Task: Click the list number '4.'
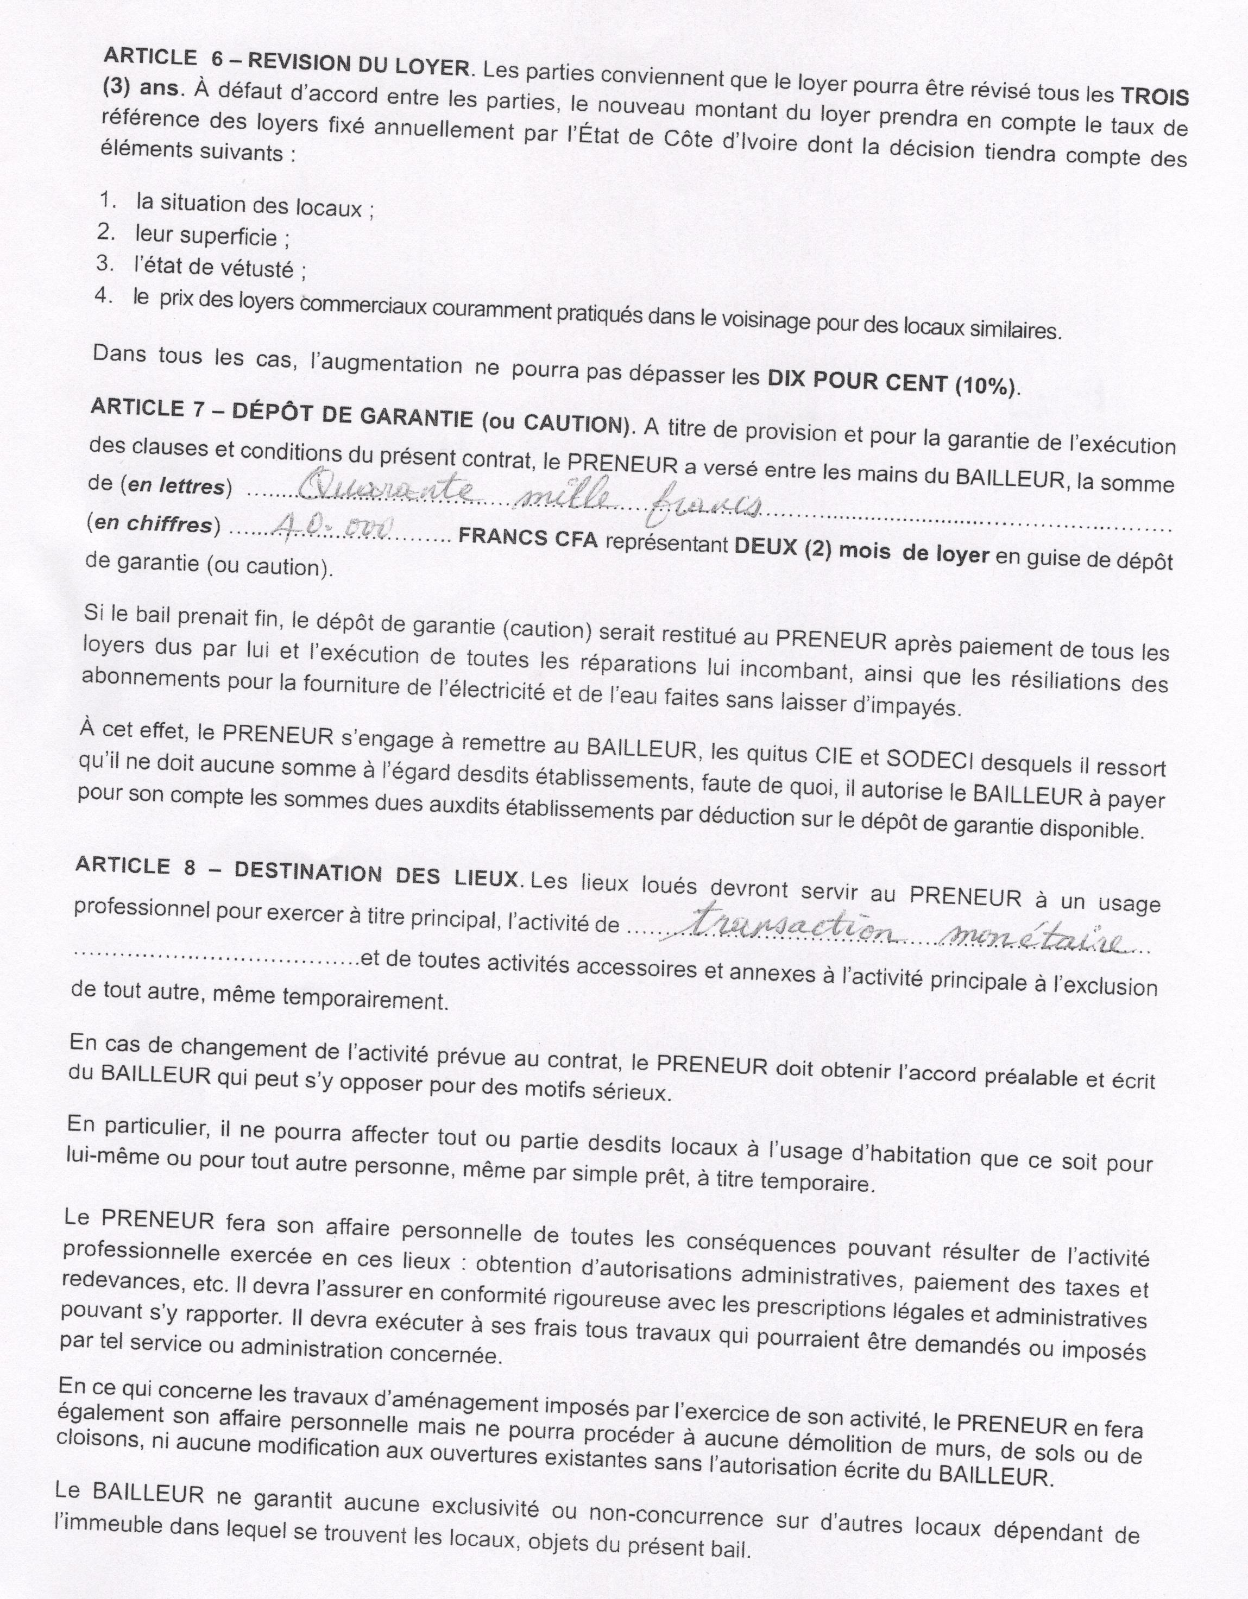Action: [x=103, y=296]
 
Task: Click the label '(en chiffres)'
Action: [x=153, y=525]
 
